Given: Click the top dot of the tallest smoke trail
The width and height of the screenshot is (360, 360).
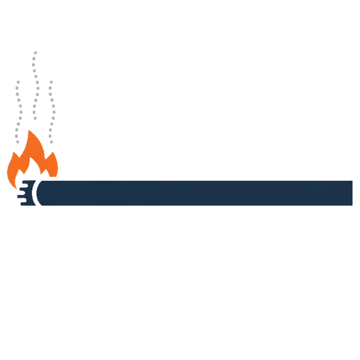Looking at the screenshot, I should coord(35,53).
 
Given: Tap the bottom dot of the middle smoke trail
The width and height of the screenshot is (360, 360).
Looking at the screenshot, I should coord(35,118).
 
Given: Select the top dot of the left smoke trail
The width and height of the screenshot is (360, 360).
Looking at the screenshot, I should coord(18,82).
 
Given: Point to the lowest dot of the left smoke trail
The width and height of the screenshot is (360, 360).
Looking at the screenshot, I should coord(16,142).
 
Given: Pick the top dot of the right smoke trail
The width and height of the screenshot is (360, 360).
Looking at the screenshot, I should coord(50,81).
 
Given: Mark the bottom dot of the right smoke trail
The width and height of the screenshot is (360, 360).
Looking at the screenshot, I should coord(51,142).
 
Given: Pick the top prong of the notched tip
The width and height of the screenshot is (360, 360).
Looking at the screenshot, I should coord(22,183).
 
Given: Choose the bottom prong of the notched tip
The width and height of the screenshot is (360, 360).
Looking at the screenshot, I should coord(22,202).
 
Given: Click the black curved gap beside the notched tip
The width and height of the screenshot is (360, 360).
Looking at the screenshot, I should coord(37,193).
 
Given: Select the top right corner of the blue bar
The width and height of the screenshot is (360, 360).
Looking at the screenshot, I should coord(351,181).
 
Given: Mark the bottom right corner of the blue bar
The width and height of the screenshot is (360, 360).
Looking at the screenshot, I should coord(351,204).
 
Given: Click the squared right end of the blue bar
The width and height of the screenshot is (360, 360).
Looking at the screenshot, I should coord(351,193).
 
